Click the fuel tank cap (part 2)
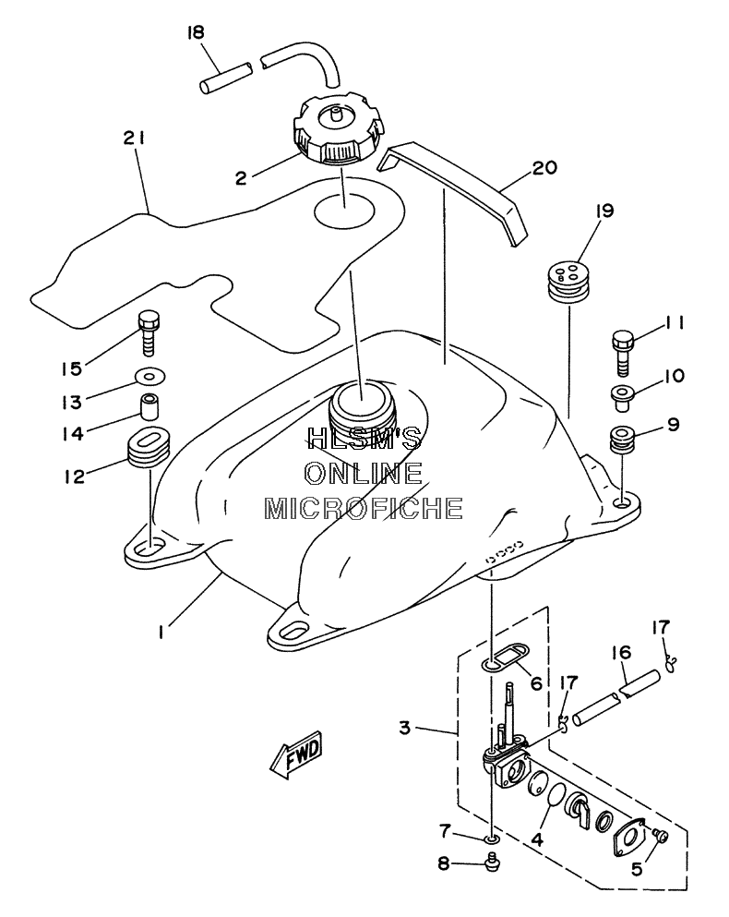[x=338, y=131]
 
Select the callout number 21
[x=134, y=138]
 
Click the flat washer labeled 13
[x=149, y=376]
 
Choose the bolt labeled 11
[x=624, y=354]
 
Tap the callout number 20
[x=544, y=168]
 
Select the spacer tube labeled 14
[x=149, y=407]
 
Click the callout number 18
[x=196, y=32]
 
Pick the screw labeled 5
[x=661, y=837]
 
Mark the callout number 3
[x=405, y=728]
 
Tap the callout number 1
[x=161, y=632]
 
